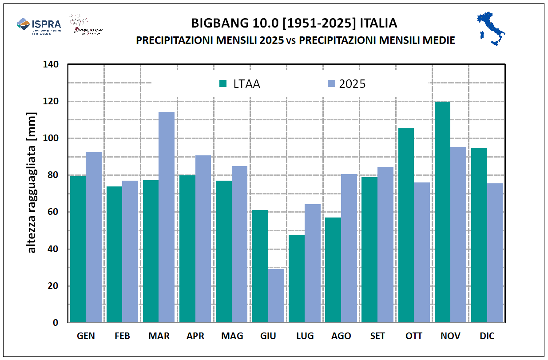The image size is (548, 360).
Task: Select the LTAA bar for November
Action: pos(442,212)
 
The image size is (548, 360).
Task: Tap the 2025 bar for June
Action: pos(276,295)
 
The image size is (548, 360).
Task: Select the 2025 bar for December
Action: pos(495,253)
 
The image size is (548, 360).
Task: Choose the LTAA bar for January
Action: pos(78,249)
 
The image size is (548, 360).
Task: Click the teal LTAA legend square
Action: pos(223,83)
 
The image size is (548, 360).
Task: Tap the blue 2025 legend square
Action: pos(331,83)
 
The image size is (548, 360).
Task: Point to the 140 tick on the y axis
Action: pos(51,64)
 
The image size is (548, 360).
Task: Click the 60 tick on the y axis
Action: pos(53,212)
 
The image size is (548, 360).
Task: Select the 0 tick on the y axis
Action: pos(56,323)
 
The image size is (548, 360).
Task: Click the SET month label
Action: pos(377,336)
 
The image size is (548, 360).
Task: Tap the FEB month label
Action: pos(122,336)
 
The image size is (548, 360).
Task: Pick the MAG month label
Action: pos(232,336)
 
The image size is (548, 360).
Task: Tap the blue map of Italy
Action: pos(491,29)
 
